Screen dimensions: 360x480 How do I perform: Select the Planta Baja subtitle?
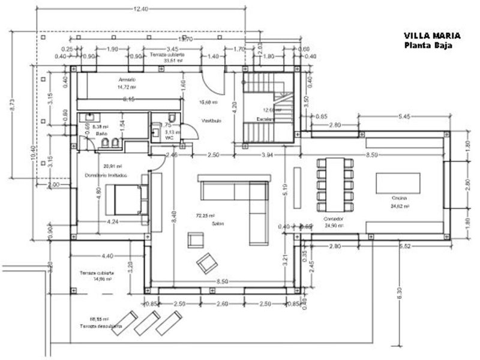tap(427, 46)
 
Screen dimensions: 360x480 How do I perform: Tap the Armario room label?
tap(127, 79)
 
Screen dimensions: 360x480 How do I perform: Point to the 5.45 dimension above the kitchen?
tap(404, 115)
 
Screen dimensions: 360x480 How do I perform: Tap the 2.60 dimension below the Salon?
tap(221, 305)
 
